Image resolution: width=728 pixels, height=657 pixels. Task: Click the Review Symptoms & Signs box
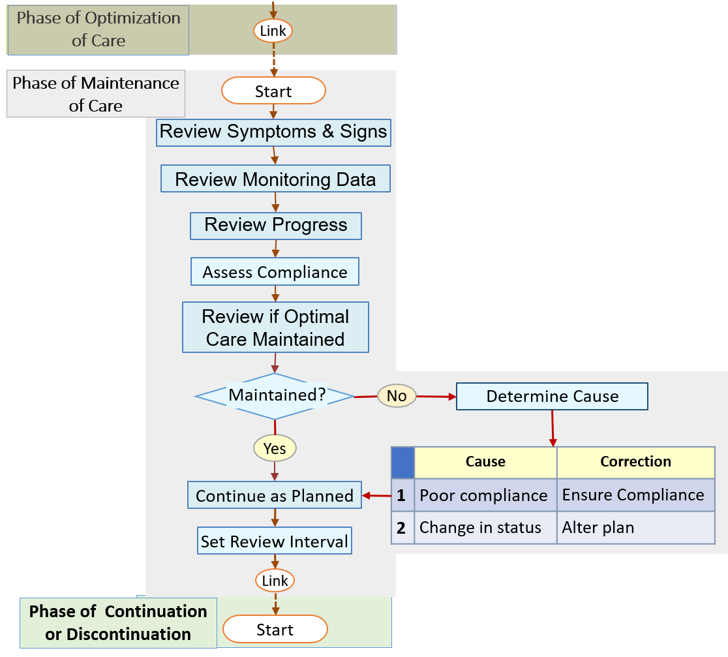click(273, 132)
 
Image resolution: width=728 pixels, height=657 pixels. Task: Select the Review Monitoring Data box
click(275, 179)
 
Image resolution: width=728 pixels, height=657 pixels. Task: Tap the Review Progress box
click(275, 226)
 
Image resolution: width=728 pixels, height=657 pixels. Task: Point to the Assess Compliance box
click(275, 271)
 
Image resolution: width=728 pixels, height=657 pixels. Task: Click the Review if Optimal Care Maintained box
click(275, 328)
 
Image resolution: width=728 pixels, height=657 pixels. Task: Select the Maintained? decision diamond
click(275, 396)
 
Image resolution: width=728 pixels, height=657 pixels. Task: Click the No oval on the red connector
click(397, 396)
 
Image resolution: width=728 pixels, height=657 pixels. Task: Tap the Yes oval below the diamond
click(275, 448)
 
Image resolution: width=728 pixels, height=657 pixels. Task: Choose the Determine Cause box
click(552, 397)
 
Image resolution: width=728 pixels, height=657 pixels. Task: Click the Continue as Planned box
click(275, 496)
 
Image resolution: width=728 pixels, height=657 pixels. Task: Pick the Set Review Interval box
click(275, 542)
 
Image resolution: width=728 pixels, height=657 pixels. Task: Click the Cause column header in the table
click(485, 462)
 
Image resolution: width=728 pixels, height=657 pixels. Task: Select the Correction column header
click(635, 462)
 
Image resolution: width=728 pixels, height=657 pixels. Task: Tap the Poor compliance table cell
click(484, 495)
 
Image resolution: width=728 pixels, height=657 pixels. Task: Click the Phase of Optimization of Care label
click(98, 29)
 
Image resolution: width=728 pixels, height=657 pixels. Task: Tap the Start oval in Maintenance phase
click(273, 91)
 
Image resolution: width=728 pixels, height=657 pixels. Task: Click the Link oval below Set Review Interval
click(275, 580)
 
